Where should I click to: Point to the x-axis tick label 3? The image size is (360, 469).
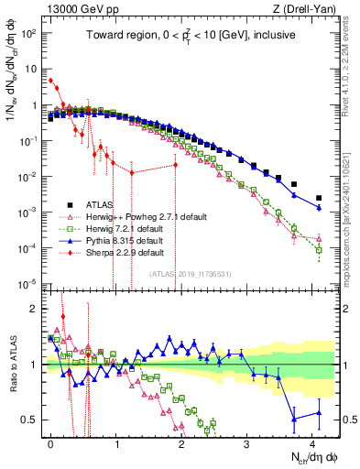click(247, 442)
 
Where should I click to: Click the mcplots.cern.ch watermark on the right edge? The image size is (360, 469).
click(353, 211)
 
